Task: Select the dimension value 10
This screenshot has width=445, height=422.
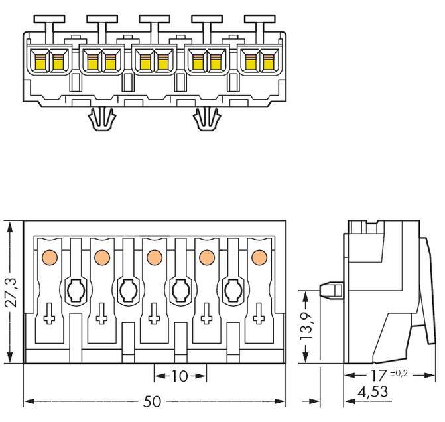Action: coord(180,376)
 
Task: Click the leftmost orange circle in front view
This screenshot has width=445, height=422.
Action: coord(48,256)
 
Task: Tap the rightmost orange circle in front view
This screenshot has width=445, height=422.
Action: coord(259,256)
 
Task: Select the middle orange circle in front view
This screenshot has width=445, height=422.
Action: coord(154,256)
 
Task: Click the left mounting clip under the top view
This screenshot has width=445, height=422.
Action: coord(101,120)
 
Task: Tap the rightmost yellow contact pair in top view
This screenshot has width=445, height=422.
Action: coord(259,62)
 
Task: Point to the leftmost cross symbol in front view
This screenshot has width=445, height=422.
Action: coord(48,316)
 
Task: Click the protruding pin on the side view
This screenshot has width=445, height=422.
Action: coord(330,291)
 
